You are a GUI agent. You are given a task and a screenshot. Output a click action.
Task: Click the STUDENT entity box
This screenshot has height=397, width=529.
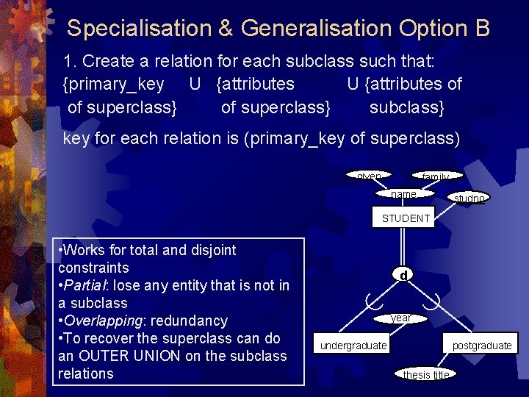tap(406, 218)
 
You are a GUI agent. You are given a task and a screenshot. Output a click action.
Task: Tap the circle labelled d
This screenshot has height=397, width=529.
tap(403, 275)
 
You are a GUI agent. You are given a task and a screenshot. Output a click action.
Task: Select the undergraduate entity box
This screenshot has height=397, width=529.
tap(353, 346)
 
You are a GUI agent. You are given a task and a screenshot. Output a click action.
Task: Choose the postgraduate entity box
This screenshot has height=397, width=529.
tap(481, 346)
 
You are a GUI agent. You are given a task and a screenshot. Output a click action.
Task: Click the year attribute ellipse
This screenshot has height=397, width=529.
tap(401, 318)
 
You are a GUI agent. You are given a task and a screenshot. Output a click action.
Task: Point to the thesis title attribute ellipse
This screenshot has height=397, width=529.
tap(426, 374)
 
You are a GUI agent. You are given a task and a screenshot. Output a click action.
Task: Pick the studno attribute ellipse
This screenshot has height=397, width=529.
tap(469, 198)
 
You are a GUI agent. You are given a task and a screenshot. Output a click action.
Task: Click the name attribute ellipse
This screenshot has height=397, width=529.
tap(404, 194)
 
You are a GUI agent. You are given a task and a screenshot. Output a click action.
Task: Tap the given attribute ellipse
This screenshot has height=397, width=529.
tap(369, 176)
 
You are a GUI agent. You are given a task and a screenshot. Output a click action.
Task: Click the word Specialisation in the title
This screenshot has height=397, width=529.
tap(139, 29)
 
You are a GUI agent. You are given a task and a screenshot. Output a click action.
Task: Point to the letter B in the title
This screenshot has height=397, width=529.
tap(482, 29)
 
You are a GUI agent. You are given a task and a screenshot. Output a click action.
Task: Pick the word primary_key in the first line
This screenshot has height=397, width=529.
tap(114, 84)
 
